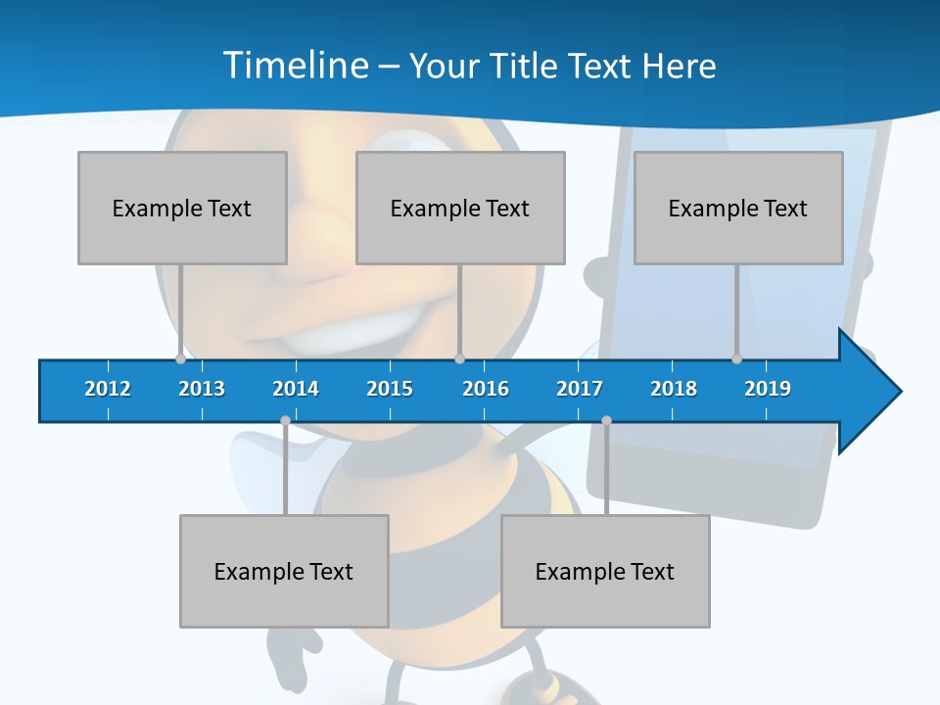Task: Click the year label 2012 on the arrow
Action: (x=108, y=389)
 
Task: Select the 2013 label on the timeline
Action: (x=202, y=389)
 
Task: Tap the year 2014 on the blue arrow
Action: (x=296, y=389)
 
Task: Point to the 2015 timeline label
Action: (x=390, y=389)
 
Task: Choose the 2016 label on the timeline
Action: (x=486, y=389)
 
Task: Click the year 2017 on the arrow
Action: (x=580, y=389)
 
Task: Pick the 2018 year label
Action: (x=674, y=389)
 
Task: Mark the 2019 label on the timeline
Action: (x=768, y=389)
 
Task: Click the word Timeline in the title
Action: (x=297, y=66)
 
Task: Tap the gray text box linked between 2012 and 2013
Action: (x=182, y=208)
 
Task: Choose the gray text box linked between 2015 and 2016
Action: (x=460, y=208)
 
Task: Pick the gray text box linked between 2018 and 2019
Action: (x=738, y=208)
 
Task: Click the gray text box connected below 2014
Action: (x=284, y=571)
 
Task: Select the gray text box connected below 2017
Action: (x=605, y=571)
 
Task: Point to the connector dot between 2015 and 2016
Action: (x=460, y=358)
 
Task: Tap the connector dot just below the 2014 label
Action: (x=285, y=420)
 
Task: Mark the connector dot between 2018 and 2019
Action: (x=737, y=358)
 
